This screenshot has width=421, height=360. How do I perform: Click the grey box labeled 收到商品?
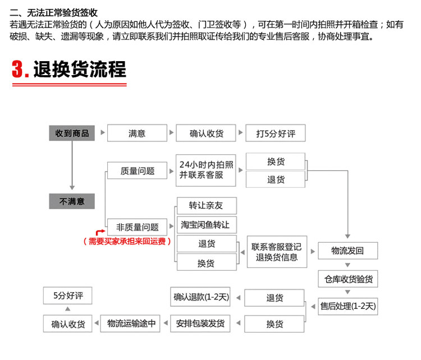[x=72, y=133]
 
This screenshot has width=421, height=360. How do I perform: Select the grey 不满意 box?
[x=72, y=201]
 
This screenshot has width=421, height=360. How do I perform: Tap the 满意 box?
[x=137, y=133]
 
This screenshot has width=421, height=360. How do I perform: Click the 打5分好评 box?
[x=276, y=133]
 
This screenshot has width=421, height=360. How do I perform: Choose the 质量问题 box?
[x=137, y=170]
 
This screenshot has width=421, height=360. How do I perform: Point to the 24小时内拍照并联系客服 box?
[x=206, y=170]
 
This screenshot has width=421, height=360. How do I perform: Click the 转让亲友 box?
[x=207, y=206]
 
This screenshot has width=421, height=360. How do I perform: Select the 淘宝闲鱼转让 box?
[x=207, y=225]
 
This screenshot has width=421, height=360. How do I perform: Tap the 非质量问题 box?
[x=137, y=227]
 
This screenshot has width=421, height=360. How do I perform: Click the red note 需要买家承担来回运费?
[x=127, y=242]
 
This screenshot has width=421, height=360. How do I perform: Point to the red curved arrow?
[x=100, y=232]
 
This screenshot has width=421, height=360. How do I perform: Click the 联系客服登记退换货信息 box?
[x=277, y=252]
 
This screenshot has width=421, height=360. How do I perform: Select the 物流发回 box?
[x=347, y=251]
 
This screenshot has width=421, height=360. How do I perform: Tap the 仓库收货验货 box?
[x=347, y=279]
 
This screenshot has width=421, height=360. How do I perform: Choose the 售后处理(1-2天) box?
[x=347, y=306]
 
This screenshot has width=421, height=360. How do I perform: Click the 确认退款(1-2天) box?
[x=200, y=297]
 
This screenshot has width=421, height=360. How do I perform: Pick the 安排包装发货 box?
[x=200, y=324]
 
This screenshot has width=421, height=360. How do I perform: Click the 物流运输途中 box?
[x=130, y=324]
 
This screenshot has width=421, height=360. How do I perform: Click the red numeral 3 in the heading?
[x=17, y=69]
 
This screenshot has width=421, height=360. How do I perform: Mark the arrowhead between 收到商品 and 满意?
[x=103, y=132]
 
